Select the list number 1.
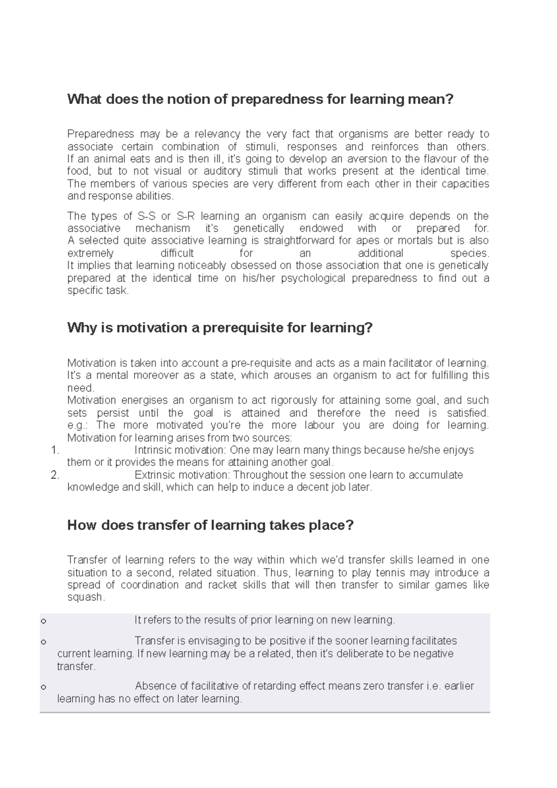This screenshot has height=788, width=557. [55, 450]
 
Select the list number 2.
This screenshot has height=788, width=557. [55, 475]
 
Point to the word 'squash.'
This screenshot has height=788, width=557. [86, 598]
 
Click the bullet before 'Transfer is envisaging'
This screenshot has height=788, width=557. [44, 642]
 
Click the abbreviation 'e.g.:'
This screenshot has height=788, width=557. [80, 426]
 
